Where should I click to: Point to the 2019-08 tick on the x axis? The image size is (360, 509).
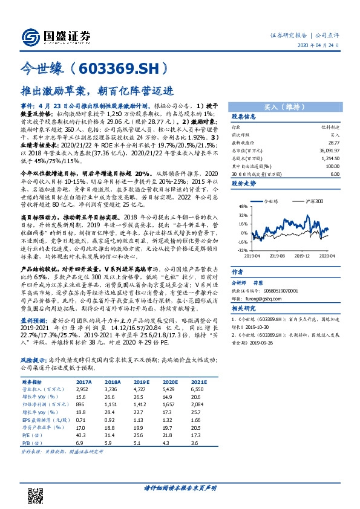[x=278, y=256]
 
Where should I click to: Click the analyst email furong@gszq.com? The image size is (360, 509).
[x=269, y=298]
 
